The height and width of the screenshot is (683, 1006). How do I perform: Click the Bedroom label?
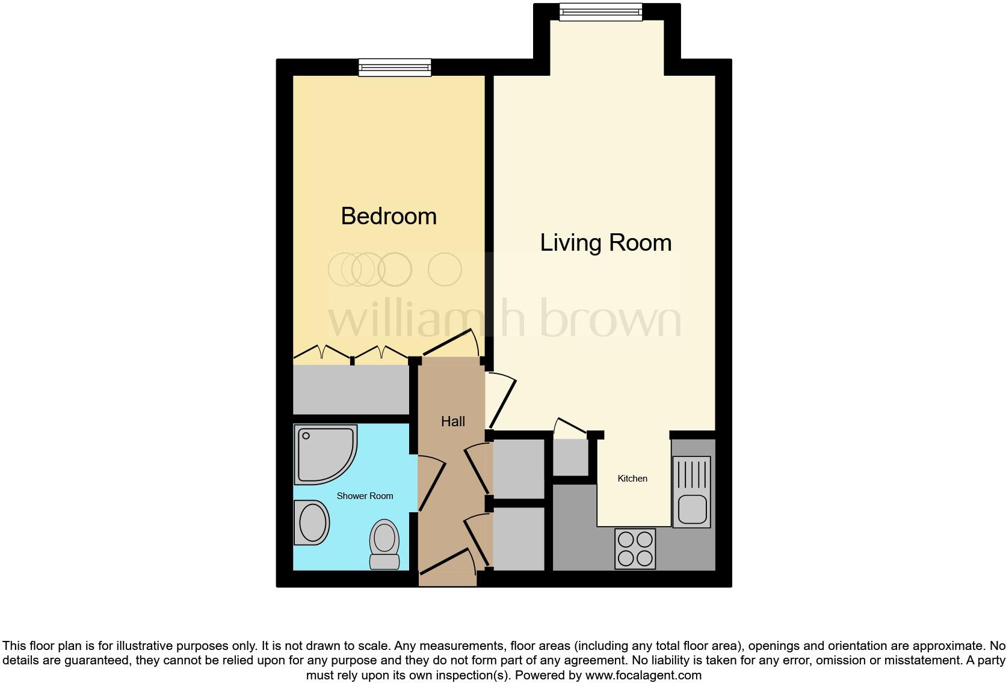(389, 216)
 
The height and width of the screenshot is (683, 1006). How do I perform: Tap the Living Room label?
(605, 243)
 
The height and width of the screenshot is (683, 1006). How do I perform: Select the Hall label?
(453, 421)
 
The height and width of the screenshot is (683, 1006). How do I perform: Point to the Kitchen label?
(632, 479)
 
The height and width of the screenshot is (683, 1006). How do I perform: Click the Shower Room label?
(365, 496)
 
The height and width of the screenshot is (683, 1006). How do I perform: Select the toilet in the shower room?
(384, 544)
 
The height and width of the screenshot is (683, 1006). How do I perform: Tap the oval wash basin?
(312, 523)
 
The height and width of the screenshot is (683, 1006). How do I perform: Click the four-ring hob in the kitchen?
(635, 548)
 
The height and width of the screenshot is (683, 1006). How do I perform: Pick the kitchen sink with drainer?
(691, 492)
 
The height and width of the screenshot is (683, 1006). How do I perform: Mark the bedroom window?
(395, 67)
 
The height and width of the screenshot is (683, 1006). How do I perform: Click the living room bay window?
(600, 12)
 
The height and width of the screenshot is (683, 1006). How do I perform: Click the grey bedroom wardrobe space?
(350, 390)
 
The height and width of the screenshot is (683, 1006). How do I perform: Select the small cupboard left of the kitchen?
(570, 458)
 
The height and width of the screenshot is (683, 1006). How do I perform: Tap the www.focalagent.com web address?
(643, 675)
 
